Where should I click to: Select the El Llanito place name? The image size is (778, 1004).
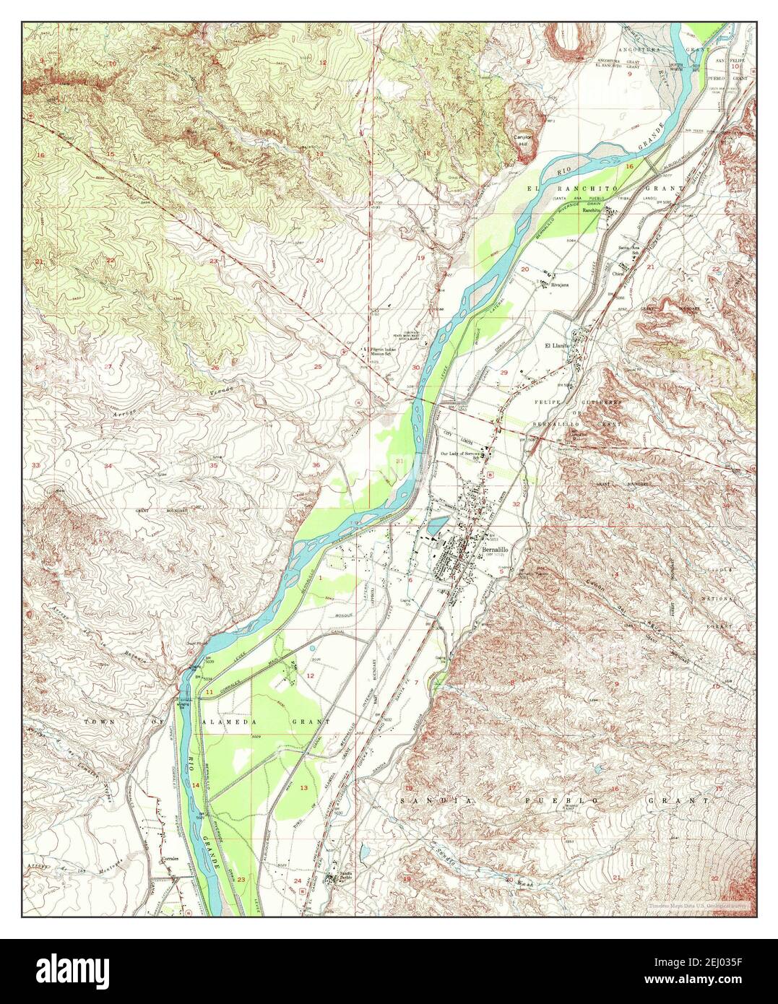[x=558, y=346]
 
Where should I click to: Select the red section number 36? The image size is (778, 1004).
[x=316, y=464]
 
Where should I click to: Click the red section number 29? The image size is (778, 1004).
[x=504, y=372]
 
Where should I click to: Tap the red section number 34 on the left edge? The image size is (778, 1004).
[x=108, y=466]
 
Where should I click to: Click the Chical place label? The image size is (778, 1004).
[x=619, y=274]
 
